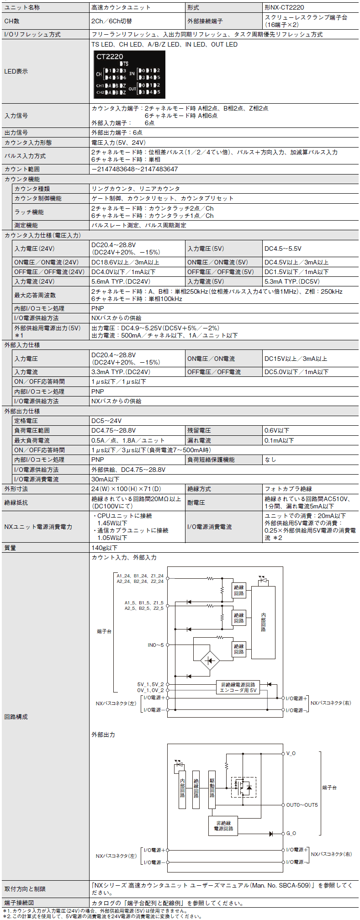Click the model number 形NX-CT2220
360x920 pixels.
284,7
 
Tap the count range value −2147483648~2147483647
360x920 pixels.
134,169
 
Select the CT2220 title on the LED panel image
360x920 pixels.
110,57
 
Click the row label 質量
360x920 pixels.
11,547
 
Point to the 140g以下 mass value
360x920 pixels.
105,547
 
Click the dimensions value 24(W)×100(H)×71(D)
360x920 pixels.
126,489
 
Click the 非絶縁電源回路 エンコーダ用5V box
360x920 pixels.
238,687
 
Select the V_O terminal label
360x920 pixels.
291,753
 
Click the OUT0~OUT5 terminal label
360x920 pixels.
302,805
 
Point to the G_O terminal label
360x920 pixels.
291,834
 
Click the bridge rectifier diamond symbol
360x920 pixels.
210,661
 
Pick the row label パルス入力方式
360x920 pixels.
25,156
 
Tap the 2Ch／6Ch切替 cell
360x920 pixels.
111,21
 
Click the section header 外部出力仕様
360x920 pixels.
22,411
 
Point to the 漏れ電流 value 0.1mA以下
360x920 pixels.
279,440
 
